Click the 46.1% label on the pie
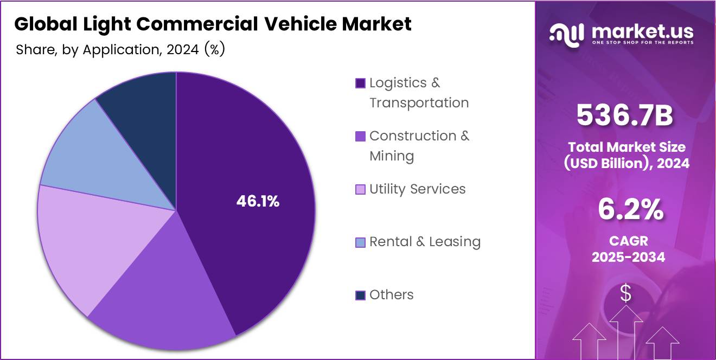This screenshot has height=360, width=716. click(258, 202)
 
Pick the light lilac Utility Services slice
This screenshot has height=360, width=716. click(87, 244)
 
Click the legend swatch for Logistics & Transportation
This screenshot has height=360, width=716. click(360, 83)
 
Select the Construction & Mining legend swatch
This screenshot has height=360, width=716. click(360, 136)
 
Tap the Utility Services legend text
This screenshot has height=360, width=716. click(417, 189)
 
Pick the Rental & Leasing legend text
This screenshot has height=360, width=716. click(425, 242)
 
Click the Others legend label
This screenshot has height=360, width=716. click(391, 295)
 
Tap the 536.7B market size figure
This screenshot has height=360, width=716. click(625, 115)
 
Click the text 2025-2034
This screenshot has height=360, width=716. click(628, 257)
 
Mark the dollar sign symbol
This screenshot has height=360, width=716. click(626, 294)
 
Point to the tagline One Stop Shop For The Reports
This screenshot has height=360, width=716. click(642, 42)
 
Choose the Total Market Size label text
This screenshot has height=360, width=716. click(627, 147)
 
